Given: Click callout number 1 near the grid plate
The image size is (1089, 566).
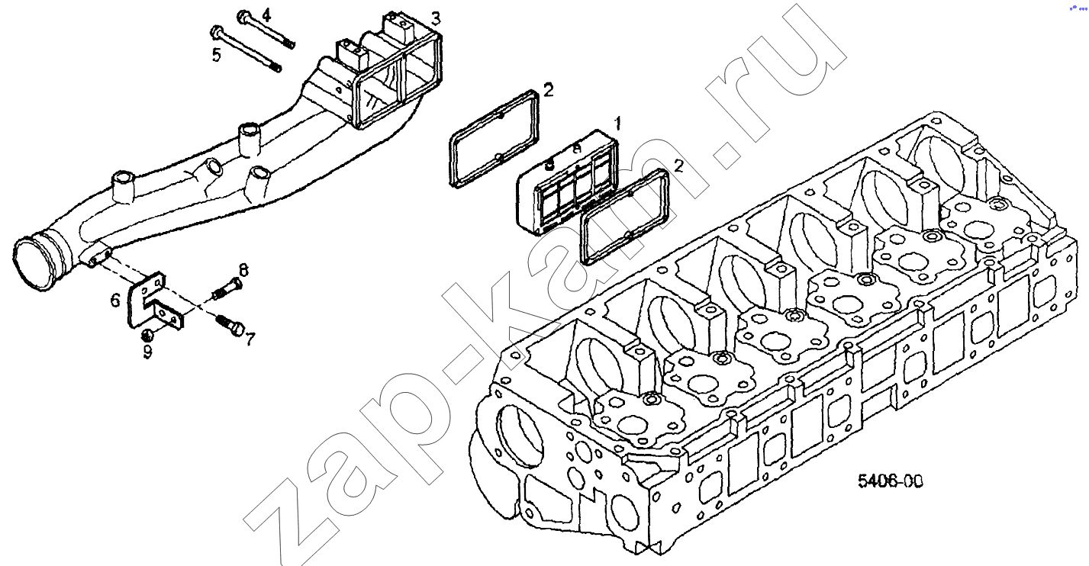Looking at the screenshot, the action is click(x=618, y=124).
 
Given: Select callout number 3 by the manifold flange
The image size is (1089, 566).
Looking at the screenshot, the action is click(x=436, y=18).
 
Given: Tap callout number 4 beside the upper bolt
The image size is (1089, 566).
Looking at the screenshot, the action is click(x=266, y=15).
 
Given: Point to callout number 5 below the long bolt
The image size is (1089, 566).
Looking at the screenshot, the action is click(x=216, y=55).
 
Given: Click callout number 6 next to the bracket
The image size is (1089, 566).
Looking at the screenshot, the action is click(x=114, y=301).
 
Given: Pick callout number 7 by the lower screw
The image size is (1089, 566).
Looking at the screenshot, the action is click(x=250, y=339).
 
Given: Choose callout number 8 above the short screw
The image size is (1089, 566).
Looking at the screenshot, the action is click(x=243, y=269).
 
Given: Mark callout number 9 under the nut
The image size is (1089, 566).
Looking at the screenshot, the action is click(x=147, y=351).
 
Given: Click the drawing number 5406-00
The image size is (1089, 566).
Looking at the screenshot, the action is click(x=890, y=481).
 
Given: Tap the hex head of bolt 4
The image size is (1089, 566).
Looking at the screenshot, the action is click(x=243, y=17).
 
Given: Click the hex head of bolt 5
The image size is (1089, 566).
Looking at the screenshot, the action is click(x=215, y=32).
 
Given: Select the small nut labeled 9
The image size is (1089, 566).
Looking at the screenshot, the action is click(x=147, y=335).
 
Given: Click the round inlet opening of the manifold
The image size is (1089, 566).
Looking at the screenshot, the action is click(x=33, y=264).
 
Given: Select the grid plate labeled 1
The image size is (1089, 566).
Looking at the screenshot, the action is click(x=566, y=183).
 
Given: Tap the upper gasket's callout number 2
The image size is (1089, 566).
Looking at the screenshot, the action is click(x=548, y=90).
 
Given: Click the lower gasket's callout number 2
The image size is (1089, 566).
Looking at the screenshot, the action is click(x=678, y=166).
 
